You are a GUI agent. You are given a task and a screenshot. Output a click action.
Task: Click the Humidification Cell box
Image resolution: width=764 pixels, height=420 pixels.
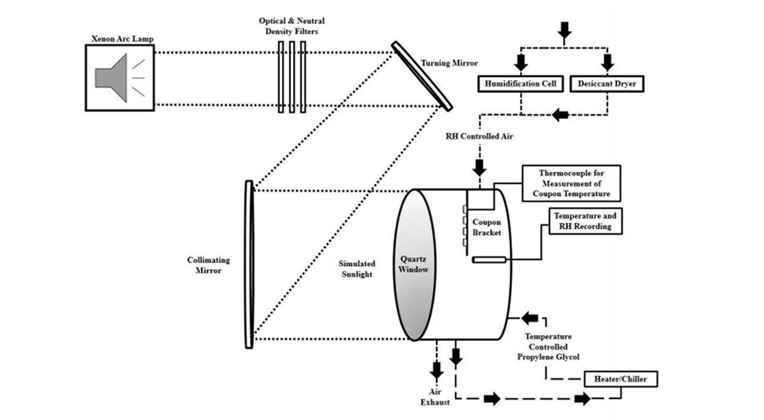pyautogui.click(x=521, y=84)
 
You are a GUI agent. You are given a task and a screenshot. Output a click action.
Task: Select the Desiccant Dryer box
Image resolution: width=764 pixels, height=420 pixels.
pyautogui.click(x=607, y=84)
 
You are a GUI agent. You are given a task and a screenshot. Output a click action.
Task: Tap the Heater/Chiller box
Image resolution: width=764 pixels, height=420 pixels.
pyautogui.click(x=621, y=379)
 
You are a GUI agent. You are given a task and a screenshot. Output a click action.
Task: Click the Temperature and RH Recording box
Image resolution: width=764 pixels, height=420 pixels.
pyautogui.click(x=585, y=221)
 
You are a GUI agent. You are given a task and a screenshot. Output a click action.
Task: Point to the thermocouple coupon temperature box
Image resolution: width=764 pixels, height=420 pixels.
pyautogui.click(x=571, y=183)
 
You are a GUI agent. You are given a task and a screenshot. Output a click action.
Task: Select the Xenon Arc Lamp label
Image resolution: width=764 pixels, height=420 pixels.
pyautogui.click(x=122, y=39)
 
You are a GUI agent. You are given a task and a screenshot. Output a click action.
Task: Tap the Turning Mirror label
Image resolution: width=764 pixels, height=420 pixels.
pyautogui.click(x=449, y=63)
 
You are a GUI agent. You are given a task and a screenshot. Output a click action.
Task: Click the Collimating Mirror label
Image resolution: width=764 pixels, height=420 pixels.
pyautogui.click(x=208, y=265)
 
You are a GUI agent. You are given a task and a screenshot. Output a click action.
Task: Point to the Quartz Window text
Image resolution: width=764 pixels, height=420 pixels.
pyautogui.click(x=413, y=264)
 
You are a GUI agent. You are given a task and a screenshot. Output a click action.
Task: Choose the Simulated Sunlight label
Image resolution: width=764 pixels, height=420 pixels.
pyautogui.click(x=357, y=269)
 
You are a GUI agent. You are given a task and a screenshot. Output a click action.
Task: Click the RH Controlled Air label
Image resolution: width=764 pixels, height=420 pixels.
pyautogui.click(x=479, y=136)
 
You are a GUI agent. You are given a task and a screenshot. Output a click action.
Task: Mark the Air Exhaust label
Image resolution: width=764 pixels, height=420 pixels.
pyautogui.click(x=435, y=397)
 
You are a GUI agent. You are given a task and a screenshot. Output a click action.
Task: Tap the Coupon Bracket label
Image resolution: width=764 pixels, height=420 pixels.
pyautogui.click(x=486, y=227)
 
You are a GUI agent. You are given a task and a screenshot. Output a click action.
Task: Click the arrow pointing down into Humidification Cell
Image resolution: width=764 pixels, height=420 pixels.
pyautogui.click(x=521, y=62)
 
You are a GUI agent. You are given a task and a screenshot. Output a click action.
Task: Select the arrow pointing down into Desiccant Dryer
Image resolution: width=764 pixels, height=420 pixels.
pyautogui.click(x=607, y=62)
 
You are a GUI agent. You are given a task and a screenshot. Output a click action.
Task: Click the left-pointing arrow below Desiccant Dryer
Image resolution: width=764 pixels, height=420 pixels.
pyautogui.click(x=560, y=115)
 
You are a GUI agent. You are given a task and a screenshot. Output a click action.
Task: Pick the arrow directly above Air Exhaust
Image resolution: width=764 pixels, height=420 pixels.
pyautogui.click(x=437, y=370)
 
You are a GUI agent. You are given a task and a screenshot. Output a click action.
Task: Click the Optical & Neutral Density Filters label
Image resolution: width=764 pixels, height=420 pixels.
pyautogui.click(x=292, y=26)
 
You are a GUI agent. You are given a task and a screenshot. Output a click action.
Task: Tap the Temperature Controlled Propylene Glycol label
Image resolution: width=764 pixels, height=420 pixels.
pyautogui.click(x=548, y=347)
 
